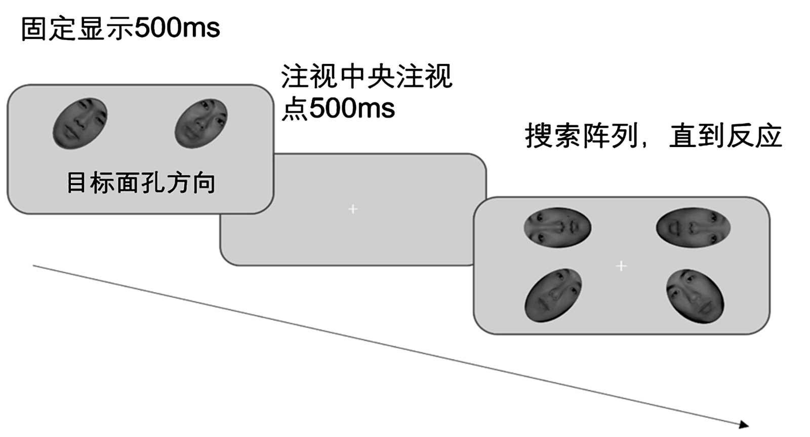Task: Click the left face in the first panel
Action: tap(80, 123)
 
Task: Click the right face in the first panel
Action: tap(201, 123)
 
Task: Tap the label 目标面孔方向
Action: tap(141, 183)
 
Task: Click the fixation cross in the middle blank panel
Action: tap(353, 209)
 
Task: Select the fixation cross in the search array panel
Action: tap(621, 266)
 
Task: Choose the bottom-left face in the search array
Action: tap(553, 295)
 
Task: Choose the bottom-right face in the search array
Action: tap(695, 296)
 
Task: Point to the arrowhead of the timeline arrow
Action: tap(744, 424)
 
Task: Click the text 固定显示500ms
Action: tap(120, 28)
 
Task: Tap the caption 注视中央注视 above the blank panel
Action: tap(367, 77)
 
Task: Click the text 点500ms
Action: tap(338, 108)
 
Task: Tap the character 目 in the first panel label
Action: tap(76, 183)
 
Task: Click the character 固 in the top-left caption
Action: tap(33, 29)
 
